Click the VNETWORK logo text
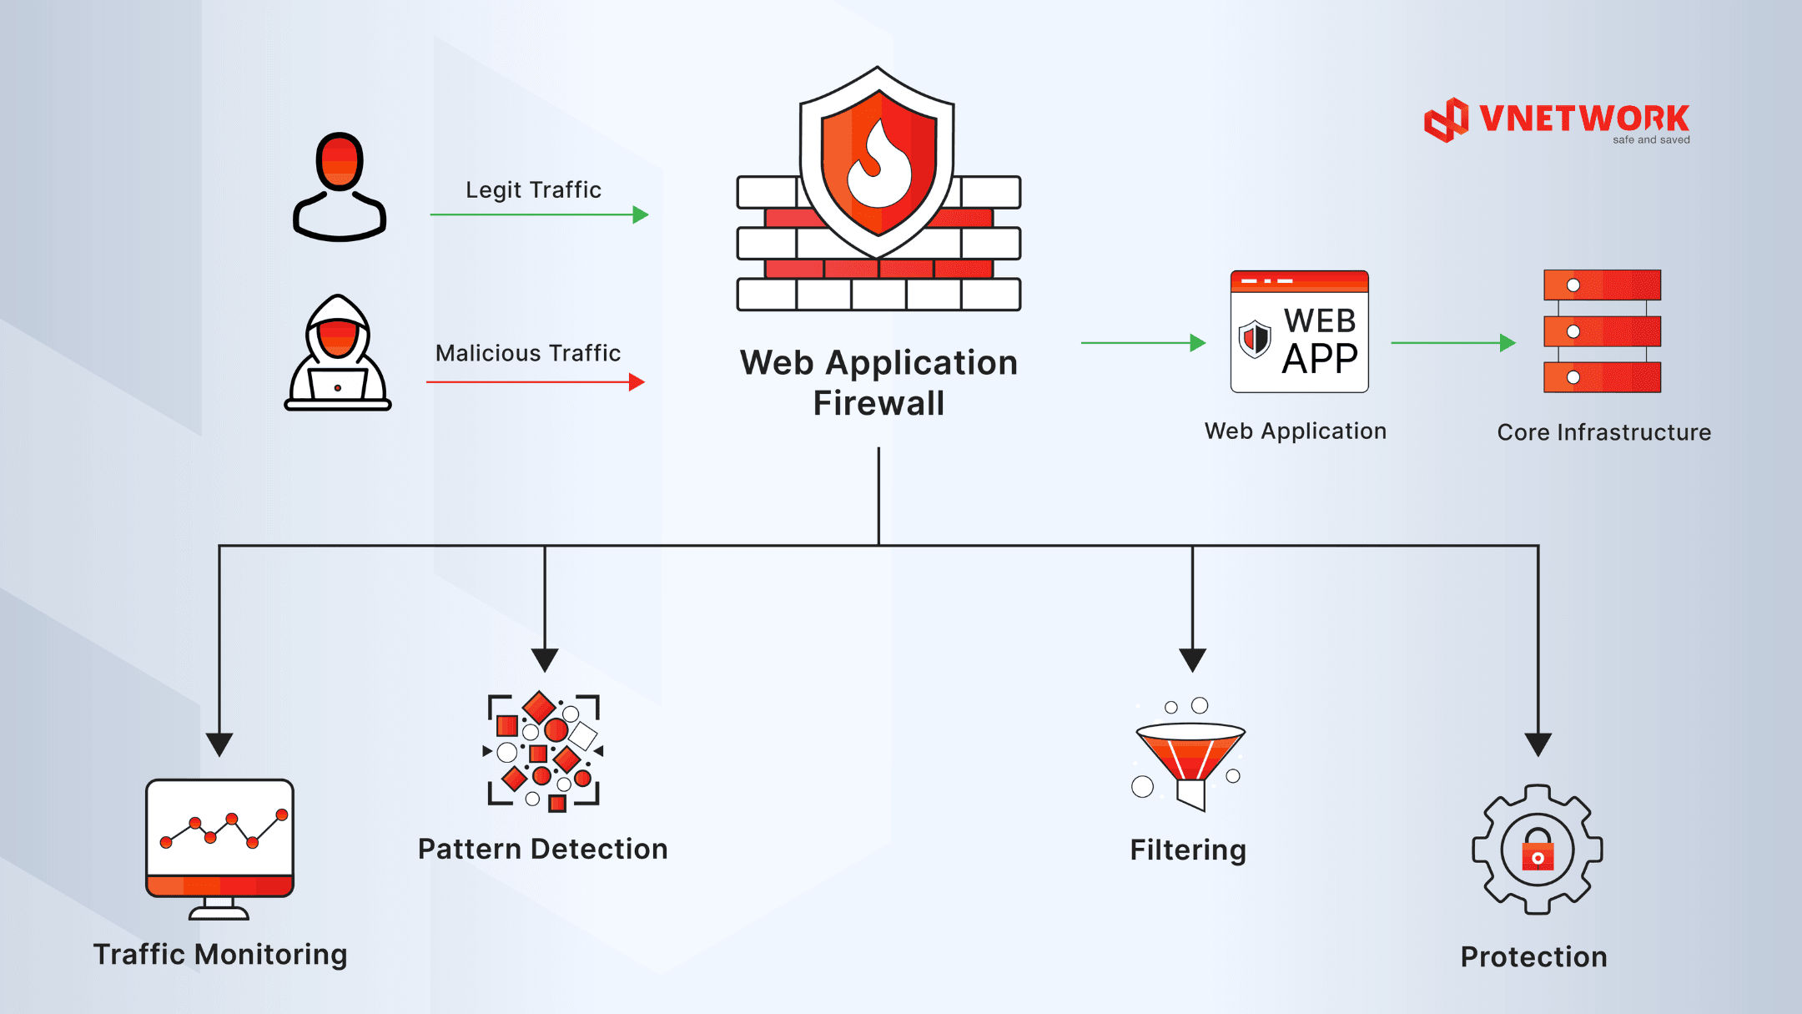1583,119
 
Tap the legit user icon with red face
340,187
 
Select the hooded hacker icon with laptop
338,352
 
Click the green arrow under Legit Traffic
539,214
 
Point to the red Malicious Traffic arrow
536,382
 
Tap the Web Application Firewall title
878,383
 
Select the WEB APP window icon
1299,331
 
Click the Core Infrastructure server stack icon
1602,331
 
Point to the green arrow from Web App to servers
1453,342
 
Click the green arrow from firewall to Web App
1144,342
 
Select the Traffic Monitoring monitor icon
219,849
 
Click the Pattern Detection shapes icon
543,751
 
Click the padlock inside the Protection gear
1538,850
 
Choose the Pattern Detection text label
543,849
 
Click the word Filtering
1188,850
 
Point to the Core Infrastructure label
1604,432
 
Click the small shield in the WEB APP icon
1255,339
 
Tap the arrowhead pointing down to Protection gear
1538,744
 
